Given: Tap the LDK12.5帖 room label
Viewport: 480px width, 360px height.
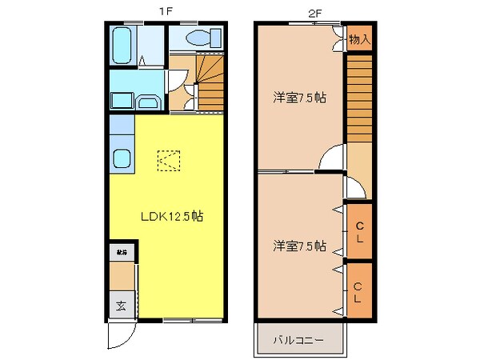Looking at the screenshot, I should click(x=171, y=216).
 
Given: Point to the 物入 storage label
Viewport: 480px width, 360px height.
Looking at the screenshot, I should click(x=359, y=38).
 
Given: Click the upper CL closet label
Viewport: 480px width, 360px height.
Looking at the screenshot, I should click(x=359, y=231).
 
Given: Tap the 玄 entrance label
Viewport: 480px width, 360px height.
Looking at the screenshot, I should click(x=121, y=305).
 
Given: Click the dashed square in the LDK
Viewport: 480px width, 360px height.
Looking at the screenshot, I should click(x=168, y=162).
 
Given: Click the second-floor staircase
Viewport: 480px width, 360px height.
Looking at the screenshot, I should click(x=359, y=100).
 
